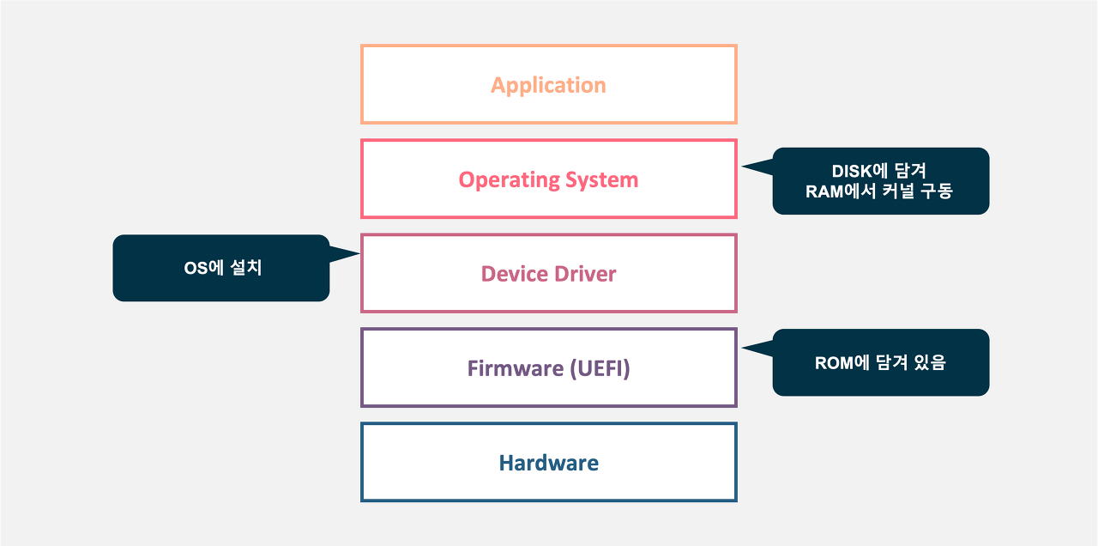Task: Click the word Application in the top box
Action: click(548, 85)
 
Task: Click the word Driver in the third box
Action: click(584, 274)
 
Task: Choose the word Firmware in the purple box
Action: click(516, 368)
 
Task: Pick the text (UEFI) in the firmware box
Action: click(600, 368)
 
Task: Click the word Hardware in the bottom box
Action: click(548, 463)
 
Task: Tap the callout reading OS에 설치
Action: click(221, 268)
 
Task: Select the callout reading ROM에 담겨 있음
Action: click(880, 362)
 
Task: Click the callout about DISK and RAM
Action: click(880, 181)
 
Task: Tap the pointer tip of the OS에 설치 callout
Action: click(359, 253)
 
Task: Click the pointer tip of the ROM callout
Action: click(743, 348)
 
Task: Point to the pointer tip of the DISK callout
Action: click(743, 167)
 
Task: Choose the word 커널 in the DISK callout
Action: click(897, 191)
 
